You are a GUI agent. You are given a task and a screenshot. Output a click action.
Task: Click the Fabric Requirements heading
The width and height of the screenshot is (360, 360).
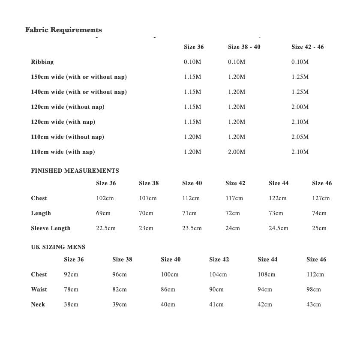tap(63, 30)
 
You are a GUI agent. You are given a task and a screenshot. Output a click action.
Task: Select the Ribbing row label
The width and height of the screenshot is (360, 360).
tap(42, 62)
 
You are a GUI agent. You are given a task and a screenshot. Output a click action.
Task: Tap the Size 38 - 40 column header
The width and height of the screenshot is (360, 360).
tap(244, 47)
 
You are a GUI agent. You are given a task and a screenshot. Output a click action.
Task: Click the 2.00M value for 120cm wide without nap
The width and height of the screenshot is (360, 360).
tap(300, 107)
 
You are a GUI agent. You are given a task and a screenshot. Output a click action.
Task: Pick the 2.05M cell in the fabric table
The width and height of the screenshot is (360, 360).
tap(300, 137)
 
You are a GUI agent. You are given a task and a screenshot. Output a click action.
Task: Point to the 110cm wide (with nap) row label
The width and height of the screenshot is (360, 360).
tap(63, 152)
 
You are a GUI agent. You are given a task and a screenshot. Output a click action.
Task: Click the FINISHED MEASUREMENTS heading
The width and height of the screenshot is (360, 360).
tap(75, 171)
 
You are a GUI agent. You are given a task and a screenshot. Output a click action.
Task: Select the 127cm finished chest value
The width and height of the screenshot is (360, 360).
tap(321, 198)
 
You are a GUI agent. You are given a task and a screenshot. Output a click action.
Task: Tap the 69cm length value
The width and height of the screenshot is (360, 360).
tap(103, 213)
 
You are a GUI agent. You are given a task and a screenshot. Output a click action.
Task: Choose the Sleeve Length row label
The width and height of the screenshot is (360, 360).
tap(51, 228)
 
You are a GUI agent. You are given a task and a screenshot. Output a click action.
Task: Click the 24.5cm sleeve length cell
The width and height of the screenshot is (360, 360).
tap(279, 228)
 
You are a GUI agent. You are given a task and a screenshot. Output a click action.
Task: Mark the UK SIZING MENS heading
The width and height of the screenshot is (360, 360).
tap(58, 247)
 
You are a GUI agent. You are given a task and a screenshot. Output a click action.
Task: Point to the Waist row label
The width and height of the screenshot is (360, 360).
tap(39, 290)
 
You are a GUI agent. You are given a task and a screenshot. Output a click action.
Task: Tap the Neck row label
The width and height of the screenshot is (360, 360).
tap(38, 305)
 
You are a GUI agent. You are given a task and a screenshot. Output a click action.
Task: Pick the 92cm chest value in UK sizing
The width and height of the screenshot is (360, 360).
tap(71, 275)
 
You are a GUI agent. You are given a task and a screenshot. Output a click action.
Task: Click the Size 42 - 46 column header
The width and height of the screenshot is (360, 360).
tap(307, 47)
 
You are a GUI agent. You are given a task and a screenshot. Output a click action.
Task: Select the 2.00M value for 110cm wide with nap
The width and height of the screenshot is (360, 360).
tap(237, 152)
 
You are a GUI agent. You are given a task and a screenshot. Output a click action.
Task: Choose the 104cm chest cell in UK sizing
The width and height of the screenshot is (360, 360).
tap(218, 275)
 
